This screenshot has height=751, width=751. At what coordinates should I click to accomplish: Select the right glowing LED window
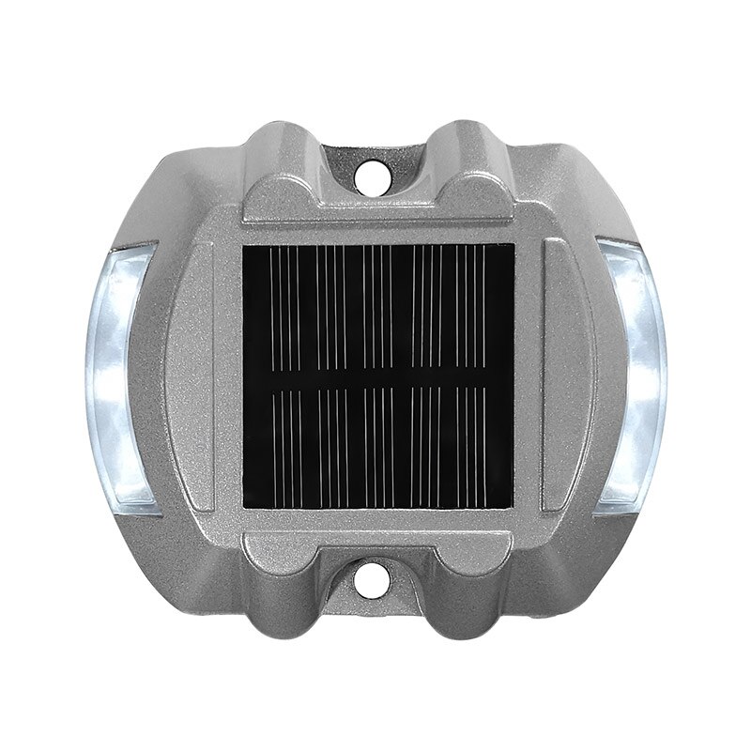(x=631, y=375)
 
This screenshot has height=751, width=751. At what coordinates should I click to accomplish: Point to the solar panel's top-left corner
(x=245, y=247)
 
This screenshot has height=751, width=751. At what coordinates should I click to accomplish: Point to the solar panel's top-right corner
(x=513, y=247)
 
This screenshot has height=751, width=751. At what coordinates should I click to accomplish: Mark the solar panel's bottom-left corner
(x=245, y=507)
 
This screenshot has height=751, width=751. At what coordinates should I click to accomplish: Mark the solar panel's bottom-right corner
(x=513, y=507)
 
